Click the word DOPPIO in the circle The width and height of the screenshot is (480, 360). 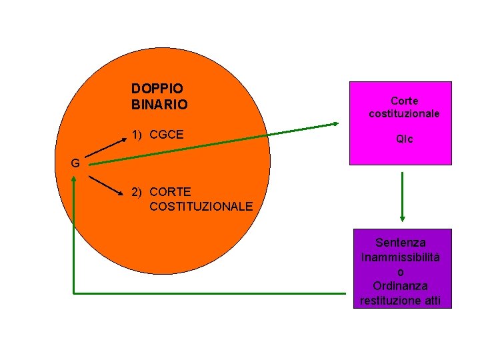click(x=157, y=88)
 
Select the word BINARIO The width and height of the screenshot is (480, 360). click(x=159, y=105)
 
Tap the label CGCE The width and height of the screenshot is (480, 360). click(x=167, y=135)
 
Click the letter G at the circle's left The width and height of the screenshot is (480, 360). click(x=76, y=163)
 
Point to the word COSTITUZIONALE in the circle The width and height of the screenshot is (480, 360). click(x=201, y=207)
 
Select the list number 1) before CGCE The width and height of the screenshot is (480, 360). click(x=138, y=135)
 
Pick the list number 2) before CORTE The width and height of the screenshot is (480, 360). click(x=138, y=192)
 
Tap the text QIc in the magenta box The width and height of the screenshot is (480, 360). click(x=404, y=140)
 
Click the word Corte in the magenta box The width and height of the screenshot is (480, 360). click(x=404, y=101)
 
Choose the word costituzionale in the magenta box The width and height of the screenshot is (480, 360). click(x=404, y=113)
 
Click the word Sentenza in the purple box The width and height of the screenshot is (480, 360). click(x=401, y=243)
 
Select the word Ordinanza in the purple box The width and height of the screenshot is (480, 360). click(x=401, y=286)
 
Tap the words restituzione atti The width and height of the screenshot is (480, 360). click(x=400, y=301)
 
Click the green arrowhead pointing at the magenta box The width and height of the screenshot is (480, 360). click(x=336, y=123)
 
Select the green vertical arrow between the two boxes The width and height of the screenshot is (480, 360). click(x=402, y=197)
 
